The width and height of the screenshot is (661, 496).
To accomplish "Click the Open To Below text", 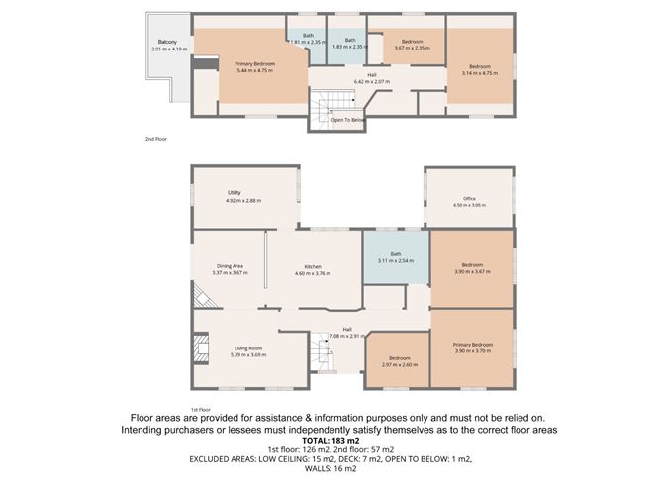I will (x=348, y=120).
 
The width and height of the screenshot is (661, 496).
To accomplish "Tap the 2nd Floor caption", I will (x=155, y=140).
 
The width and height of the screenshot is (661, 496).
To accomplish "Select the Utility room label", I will (x=235, y=197).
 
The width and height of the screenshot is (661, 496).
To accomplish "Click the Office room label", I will (x=470, y=201).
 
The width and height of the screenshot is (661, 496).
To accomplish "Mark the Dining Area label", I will (x=230, y=268).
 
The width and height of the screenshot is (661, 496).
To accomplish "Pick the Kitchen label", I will (x=313, y=269).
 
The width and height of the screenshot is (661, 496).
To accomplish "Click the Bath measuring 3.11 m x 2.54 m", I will (x=395, y=257).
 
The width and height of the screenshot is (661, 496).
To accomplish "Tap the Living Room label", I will (x=248, y=350).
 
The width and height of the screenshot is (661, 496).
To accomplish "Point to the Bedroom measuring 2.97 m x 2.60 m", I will (x=399, y=360).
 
